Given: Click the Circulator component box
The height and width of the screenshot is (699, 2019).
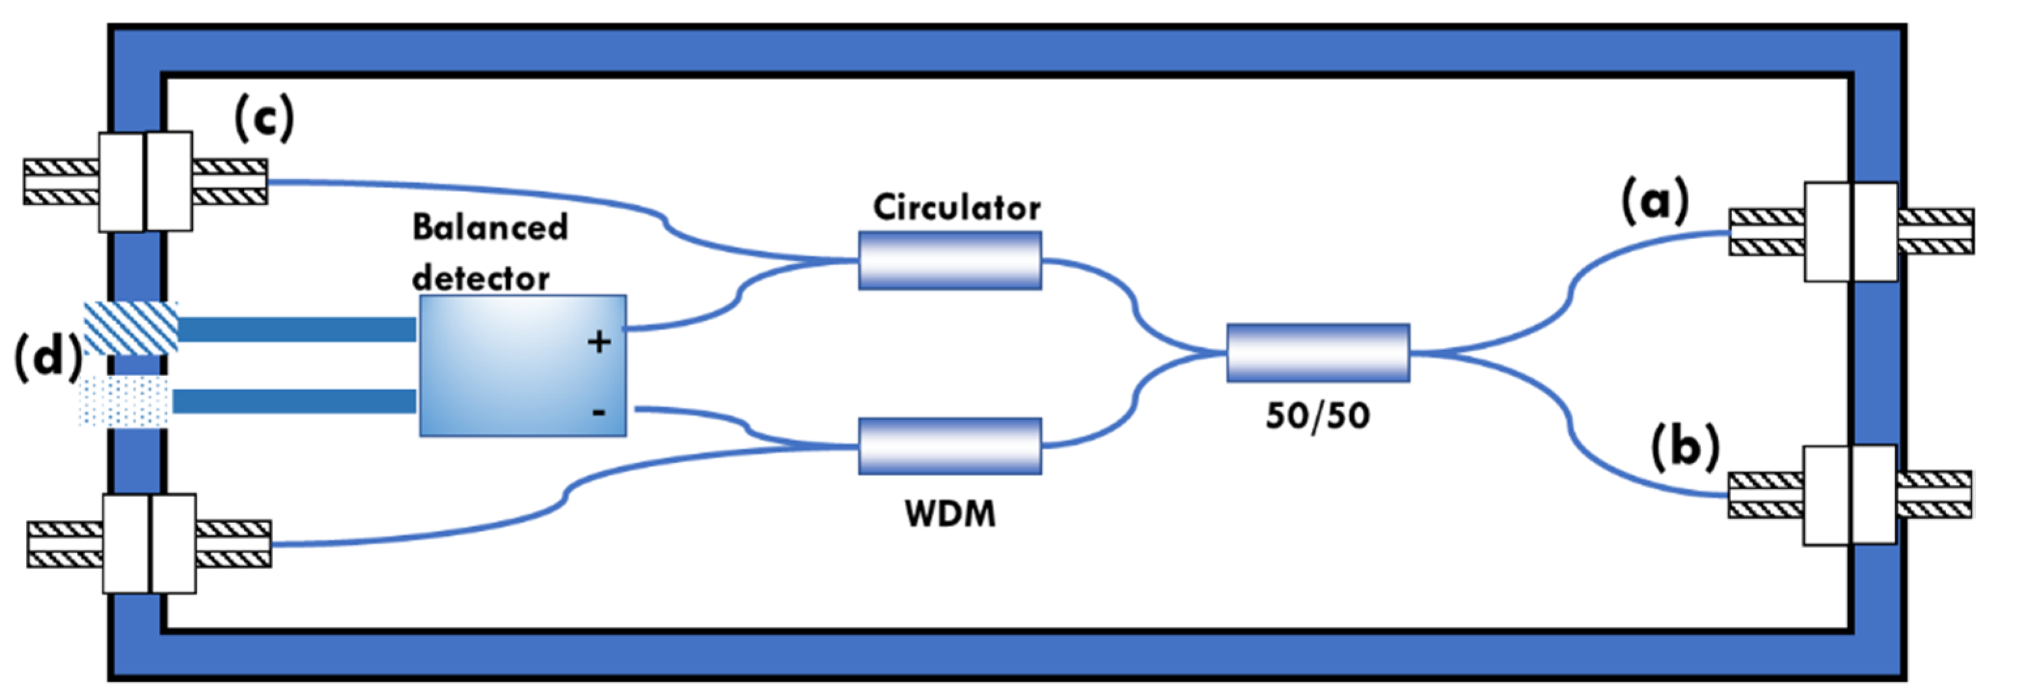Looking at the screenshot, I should pos(949,260).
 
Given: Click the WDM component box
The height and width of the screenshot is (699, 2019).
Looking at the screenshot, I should pos(949,446).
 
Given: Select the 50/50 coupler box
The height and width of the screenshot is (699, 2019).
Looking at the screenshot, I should pos(1318,352).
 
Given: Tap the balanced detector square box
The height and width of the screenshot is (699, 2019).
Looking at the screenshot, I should pos(522,365).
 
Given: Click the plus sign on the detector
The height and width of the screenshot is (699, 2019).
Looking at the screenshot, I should pos(599,341).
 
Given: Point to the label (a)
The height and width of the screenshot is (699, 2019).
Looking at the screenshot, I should pos(1654,201).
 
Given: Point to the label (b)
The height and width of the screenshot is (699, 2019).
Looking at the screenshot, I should pos(1685,448).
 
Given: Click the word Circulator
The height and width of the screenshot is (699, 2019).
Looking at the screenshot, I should pos(956,208).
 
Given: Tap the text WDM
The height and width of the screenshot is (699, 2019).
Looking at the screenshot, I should pos(950,514).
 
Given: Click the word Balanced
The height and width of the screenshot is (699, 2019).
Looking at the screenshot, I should pos(490,228).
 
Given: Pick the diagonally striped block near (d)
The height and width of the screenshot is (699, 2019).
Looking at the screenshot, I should pos(131,328).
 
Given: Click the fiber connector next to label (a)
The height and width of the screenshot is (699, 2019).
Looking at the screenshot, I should pos(1851,232).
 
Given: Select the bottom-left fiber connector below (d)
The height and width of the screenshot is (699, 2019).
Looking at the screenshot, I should pos(149,544).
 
